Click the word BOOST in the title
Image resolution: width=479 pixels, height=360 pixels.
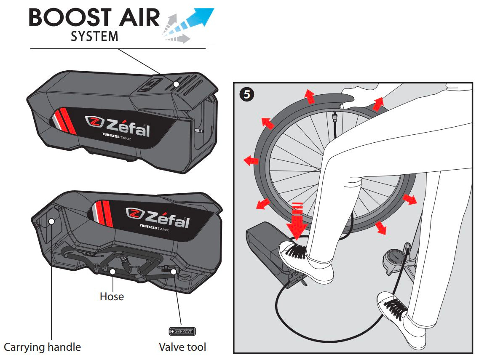70,17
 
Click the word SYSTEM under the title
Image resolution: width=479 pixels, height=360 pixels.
94,36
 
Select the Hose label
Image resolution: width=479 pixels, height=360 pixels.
112,296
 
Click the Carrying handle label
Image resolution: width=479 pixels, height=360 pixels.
42,347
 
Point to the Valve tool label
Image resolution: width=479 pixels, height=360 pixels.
182,347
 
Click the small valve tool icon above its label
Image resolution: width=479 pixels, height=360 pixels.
182,331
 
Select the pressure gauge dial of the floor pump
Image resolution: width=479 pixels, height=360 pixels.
394,256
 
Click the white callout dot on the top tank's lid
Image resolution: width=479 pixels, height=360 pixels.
176,84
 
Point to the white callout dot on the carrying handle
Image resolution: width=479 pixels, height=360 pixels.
51,221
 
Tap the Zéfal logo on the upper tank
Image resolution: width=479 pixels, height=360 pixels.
118,126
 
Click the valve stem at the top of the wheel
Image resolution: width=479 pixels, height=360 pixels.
334,117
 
